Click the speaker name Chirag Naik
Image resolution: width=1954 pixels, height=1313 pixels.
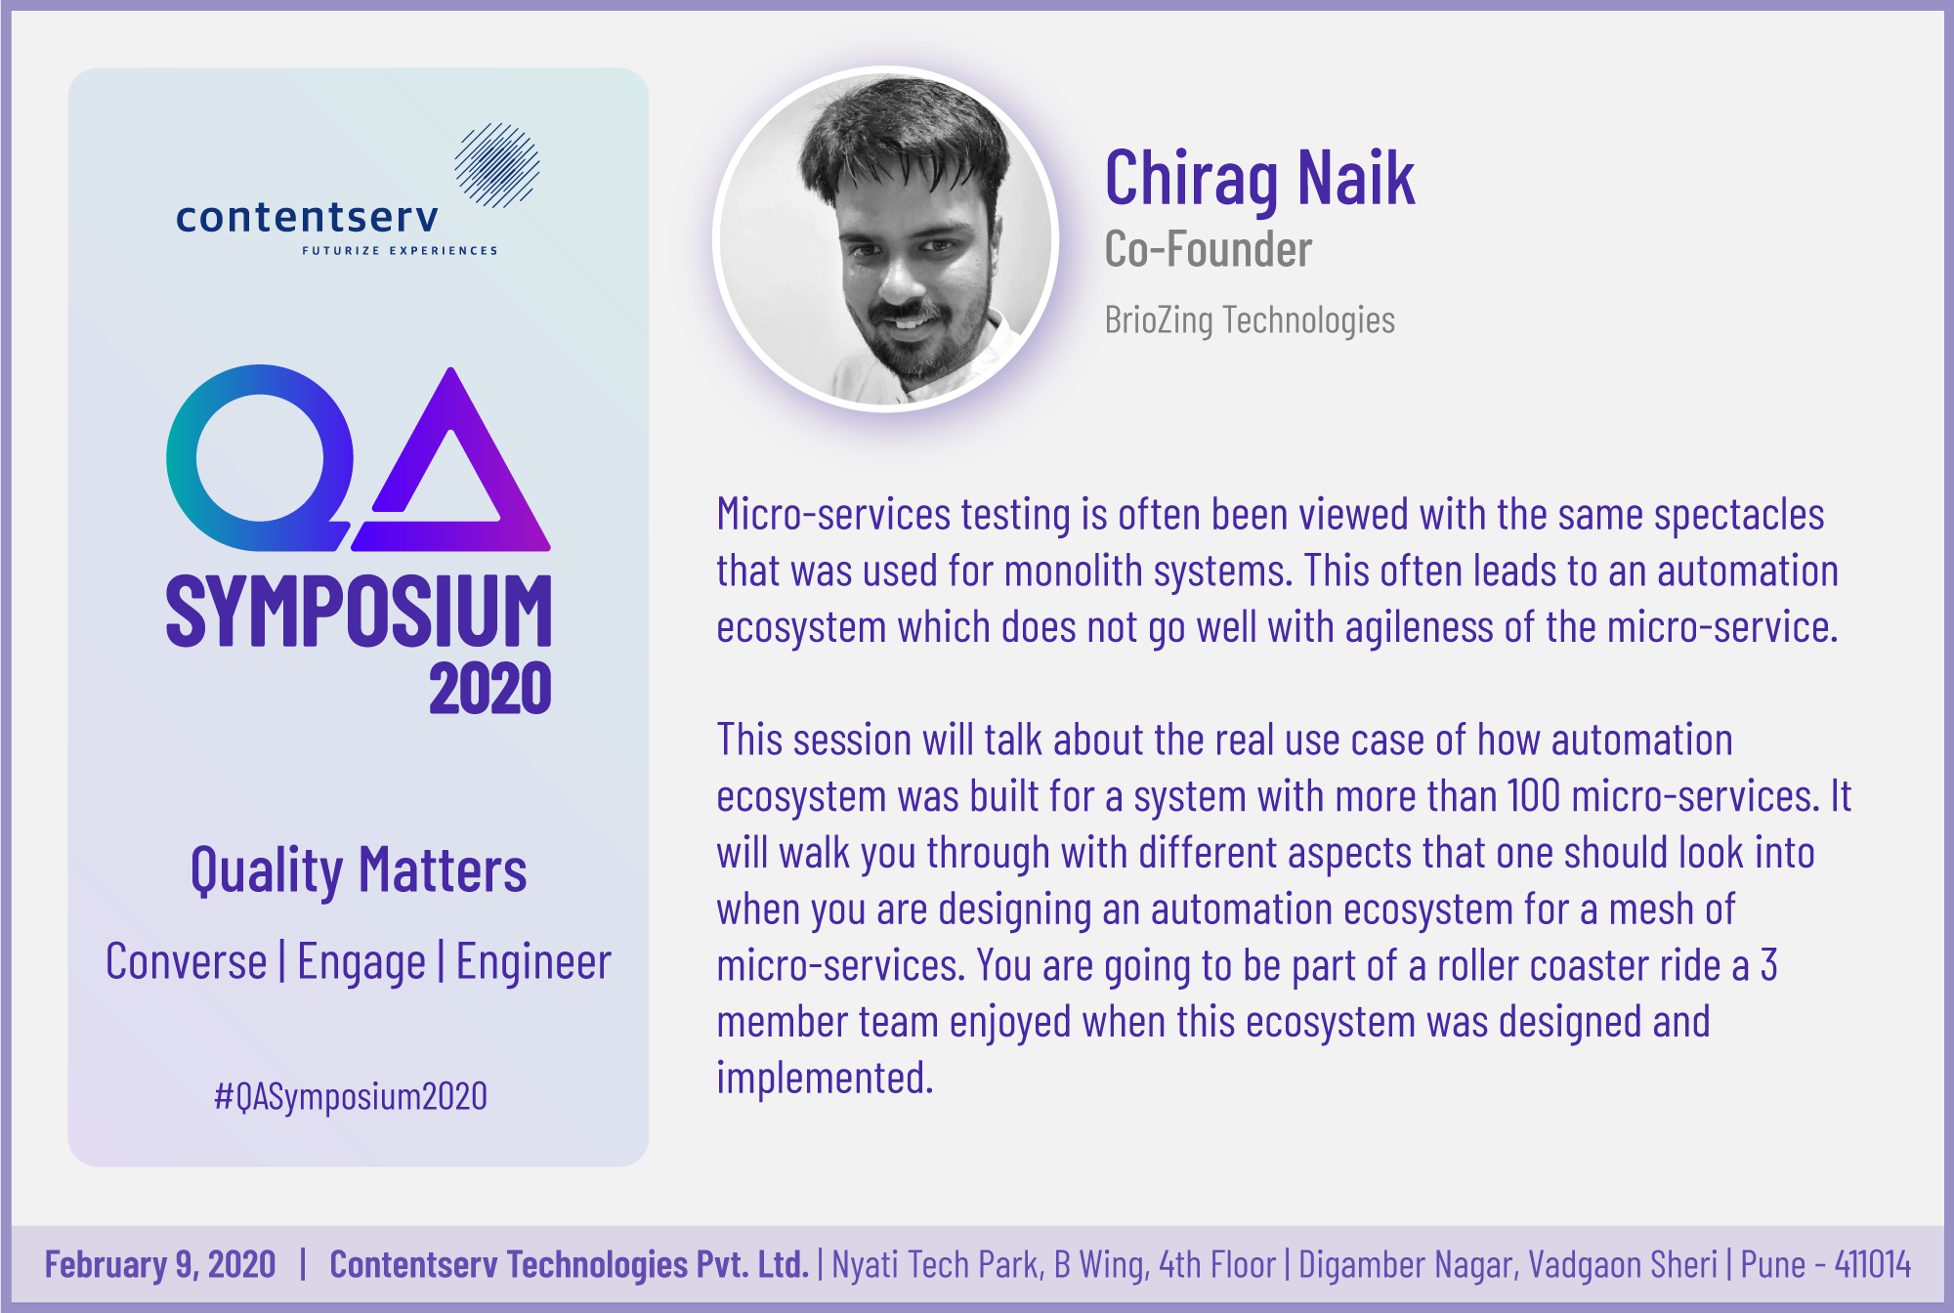pyautogui.click(x=1259, y=179)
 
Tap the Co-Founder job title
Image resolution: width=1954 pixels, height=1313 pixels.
pyautogui.click(x=1209, y=249)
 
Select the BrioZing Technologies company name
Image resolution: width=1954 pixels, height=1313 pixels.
pyautogui.click(x=1250, y=320)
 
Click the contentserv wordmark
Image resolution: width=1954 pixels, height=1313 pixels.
pyautogui.click(x=307, y=217)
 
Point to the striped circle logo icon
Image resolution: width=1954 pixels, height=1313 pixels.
pyautogui.click(x=497, y=165)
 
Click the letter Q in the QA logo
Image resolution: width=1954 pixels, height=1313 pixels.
pyautogui.click(x=259, y=457)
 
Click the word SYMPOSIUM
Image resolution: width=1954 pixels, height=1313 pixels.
pyautogui.click(x=359, y=611)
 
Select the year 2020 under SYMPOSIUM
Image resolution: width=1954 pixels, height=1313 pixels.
pyautogui.click(x=490, y=689)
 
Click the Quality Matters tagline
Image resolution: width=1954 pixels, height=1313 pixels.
pyautogui.click(x=359, y=871)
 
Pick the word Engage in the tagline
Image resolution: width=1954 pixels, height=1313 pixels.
pyautogui.click(x=361, y=962)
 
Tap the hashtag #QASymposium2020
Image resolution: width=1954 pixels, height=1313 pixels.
pyautogui.click(x=351, y=1097)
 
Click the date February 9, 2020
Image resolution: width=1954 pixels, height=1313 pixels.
pyautogui.click(x=160, y=1264)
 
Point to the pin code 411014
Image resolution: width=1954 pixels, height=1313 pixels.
pyautogui.click(x=1873, y=1264)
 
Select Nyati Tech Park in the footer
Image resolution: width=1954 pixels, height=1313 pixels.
pyautogui.click(x=937, y=1264)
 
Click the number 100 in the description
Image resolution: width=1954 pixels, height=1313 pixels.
pyautogui.click(x=1534, y=796)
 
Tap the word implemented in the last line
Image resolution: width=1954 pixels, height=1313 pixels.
pyautogui.click(x=825, y=1080)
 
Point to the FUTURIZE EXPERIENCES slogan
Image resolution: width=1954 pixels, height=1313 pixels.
pyautogui.click(x=400, y=251)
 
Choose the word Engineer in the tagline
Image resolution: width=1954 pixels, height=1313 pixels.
pyautogui.click(x=533, y=962)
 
